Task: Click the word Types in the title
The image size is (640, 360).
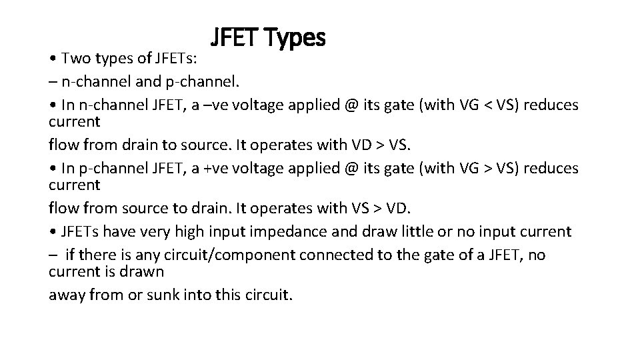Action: [x=295, y=39]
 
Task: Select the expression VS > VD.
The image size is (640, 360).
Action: [x=381, y=207]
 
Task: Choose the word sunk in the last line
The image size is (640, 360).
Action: [x=164, y=295]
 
